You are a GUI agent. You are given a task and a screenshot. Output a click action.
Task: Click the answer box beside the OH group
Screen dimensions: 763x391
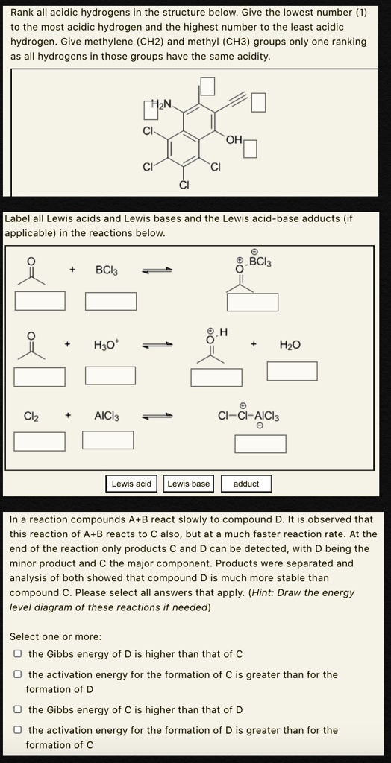(251, 150)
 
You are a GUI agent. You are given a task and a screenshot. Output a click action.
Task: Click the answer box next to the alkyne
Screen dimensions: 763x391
(258, 102)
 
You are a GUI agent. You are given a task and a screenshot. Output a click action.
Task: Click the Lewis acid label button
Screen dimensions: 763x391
(131, 484)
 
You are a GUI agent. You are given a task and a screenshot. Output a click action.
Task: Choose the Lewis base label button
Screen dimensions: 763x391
(189, 484)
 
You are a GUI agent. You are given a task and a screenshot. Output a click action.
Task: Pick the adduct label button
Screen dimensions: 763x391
(246, 484)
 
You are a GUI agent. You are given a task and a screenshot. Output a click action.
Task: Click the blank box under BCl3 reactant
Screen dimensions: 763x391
(110, 301)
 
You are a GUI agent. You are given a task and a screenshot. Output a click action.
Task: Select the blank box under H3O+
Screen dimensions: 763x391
(110, 375)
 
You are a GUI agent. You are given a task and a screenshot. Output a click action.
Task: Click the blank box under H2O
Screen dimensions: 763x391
(293, 370)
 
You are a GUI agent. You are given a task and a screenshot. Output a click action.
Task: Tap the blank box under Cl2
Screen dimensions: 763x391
(40, 441)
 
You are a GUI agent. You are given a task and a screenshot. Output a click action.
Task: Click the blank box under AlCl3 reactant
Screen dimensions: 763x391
(108, 440)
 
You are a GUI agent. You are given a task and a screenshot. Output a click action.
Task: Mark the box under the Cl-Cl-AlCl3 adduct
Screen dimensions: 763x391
(260, 444)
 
